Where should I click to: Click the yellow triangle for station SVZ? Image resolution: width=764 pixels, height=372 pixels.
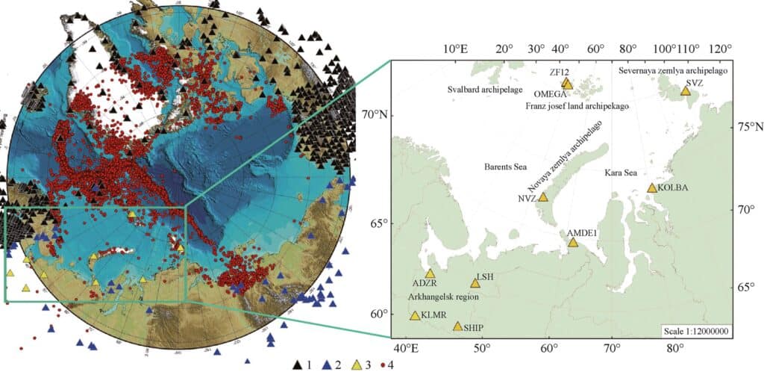[x=686, y=92]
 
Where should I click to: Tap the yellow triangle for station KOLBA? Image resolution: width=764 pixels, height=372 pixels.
[x=652, y=188]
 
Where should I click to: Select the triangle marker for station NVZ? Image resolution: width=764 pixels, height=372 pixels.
[x=543, y=197]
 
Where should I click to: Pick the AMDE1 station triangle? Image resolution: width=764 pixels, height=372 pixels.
[x=573, y=242]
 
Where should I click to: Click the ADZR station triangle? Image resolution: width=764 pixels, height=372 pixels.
[x=430, y=273]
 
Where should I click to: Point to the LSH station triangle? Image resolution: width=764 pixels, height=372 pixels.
[x=475, y=283]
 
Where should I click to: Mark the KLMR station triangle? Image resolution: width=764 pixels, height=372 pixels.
[x=415, y=315]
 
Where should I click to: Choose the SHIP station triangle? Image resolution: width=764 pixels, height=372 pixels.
[x=457, y=326]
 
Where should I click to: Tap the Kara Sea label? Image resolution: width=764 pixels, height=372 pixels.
[x=620, y=173]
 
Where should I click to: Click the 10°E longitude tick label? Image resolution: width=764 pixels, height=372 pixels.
[x=455, y=49]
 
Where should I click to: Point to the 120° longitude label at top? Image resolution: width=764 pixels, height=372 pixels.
[x=720, y=49]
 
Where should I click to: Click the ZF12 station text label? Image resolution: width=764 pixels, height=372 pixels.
[x=560, y=72]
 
